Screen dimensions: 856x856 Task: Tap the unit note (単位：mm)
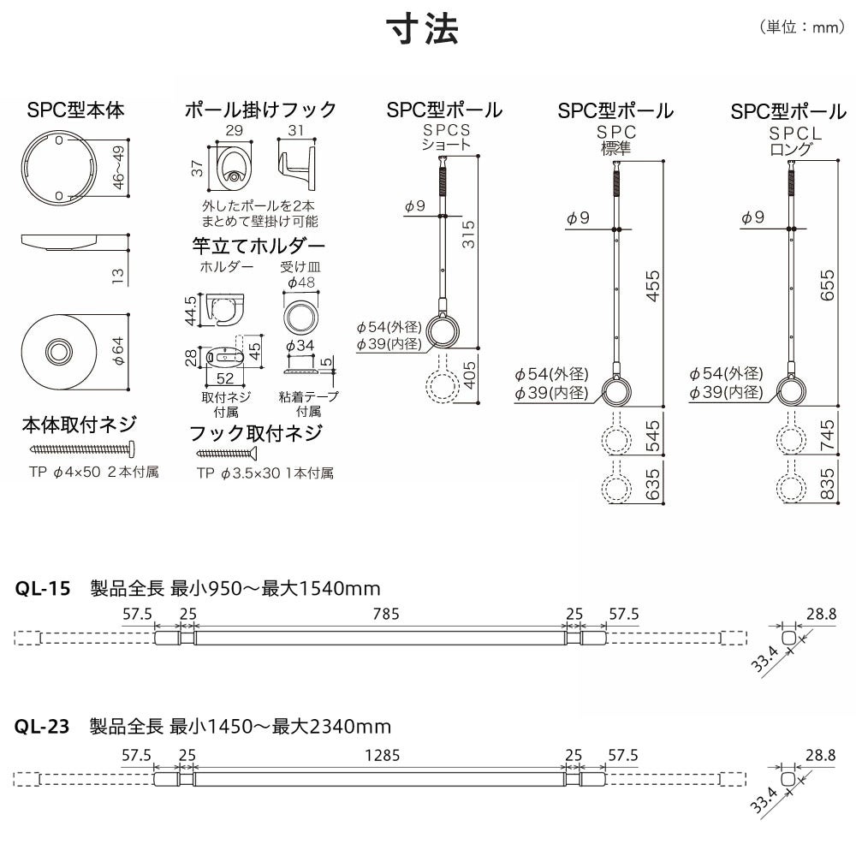pos(802,27)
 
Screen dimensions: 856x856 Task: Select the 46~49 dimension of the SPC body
pos(118,167)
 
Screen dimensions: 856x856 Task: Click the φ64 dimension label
pos(118,351)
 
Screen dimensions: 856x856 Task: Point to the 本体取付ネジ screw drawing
pos(82,449)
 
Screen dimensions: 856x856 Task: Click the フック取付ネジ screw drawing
pos(226,453)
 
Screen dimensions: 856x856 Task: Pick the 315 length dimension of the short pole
pos(468,235)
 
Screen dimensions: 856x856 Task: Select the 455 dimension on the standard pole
pos(652,286)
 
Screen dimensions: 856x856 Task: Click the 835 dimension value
pos(827,483)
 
